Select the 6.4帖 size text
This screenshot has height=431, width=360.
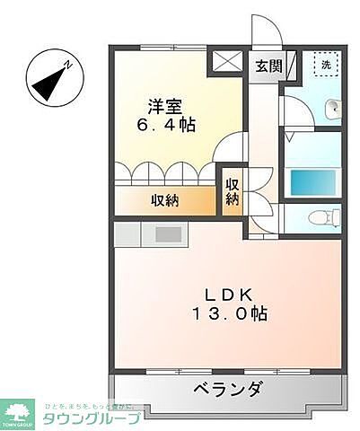pos(166,124)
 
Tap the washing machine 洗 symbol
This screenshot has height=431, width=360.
pos(325,65)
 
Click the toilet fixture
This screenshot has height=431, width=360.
pos(320,216)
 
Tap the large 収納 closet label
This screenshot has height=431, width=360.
pos(164,200)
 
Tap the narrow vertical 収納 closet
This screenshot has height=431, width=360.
pos(232,192)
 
